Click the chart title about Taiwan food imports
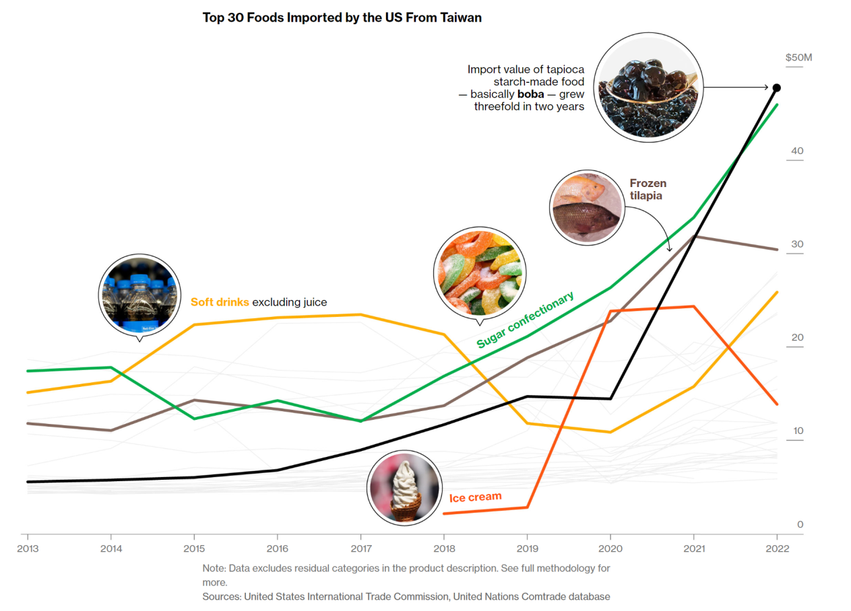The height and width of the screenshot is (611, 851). click(x=342, y=17)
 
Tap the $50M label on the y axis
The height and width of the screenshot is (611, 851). click(x=798, y=57)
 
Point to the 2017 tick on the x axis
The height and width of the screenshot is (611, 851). click(x=361, y=548)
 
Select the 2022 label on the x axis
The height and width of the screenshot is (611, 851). click(x=777, y=548)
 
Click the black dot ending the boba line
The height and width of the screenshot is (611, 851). click(x=776, y=87)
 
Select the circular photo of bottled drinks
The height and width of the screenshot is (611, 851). click(x=139, y=295)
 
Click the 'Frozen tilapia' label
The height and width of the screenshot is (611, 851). click(x=647, y=189)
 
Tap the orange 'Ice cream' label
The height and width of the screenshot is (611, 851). click(x=476, y=497)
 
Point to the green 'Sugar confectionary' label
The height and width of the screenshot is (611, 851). click(x=526, y=320)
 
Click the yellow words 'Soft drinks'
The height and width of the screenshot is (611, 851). click(x=220, y=302)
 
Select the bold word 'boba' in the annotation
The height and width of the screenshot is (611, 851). click(x=530, y=94)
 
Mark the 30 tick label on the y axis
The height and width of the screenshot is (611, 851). click(x=797, y=244)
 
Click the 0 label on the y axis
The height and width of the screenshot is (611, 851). click(x=800, y=524)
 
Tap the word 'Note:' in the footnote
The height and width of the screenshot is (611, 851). click(x=214, y=568)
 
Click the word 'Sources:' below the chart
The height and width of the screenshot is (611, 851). click(x=222, y=596)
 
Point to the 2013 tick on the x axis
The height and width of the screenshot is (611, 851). click(x=28, y=548)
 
